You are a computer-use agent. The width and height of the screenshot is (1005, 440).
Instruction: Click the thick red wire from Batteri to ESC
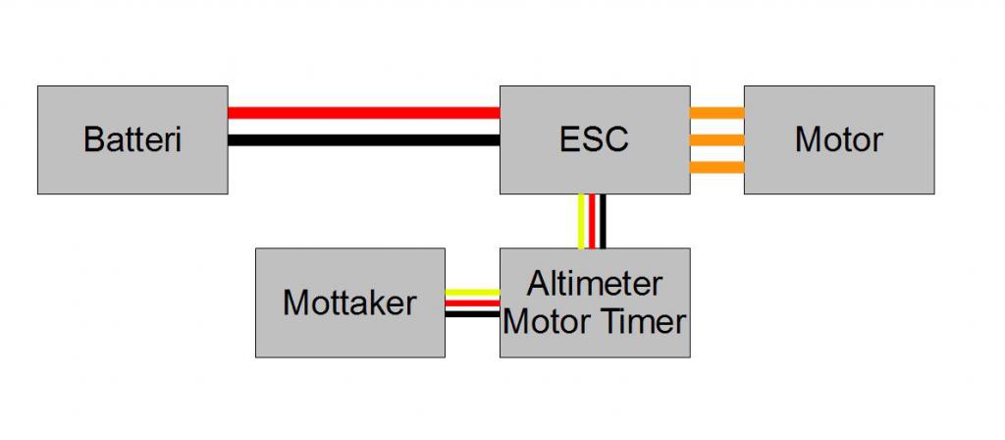[x=363, y=113]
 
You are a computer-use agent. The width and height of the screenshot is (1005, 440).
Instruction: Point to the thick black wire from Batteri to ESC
[x=363, y=139]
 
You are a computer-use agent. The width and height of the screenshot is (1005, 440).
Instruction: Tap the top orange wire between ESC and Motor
[x=716, y=112]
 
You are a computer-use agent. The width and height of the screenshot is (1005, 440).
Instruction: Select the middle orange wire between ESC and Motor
[x=716, y=139]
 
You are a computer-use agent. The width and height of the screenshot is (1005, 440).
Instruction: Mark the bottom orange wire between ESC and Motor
[x=716, y=167]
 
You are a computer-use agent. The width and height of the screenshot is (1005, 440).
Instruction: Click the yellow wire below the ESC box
[x=582, y=221]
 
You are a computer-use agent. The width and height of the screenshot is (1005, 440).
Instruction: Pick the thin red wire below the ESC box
[x=593, y=221]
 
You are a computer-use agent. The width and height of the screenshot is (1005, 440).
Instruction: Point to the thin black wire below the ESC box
[x=603, y=221]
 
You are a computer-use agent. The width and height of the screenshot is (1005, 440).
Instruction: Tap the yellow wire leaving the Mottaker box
[x=472, y=292]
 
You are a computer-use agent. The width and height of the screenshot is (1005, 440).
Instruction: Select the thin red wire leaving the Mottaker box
[x=472, y=303]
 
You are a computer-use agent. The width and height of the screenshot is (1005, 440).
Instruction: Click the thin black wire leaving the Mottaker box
[x=472, y=314]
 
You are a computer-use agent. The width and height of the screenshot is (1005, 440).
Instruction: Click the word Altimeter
[x=594, y=284]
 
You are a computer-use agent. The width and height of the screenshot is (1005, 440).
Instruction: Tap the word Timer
[x=649, y=320]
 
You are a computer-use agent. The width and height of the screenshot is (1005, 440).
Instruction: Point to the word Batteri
[x=132, y=139]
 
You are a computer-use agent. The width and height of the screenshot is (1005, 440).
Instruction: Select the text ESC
[x=594, y=139]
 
